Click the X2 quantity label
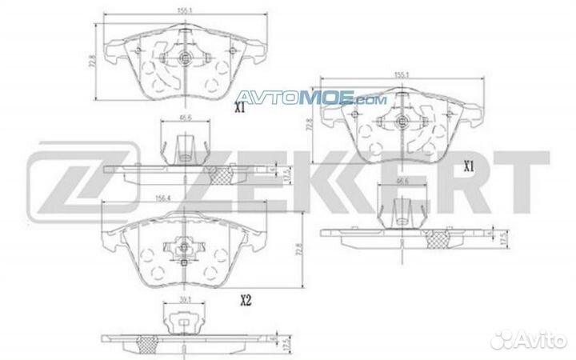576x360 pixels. (246, 302)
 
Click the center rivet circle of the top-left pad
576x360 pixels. (185, 58)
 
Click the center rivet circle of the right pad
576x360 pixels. (403, 122)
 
